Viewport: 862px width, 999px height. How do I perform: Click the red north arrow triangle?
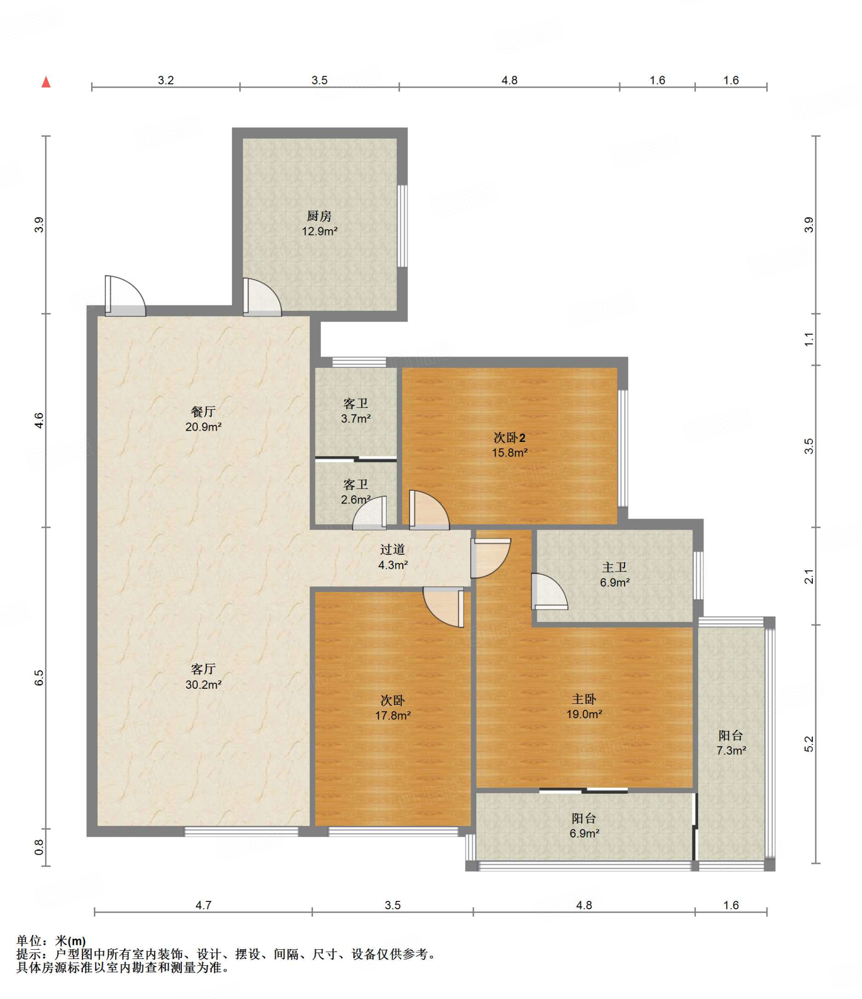pos(46,81)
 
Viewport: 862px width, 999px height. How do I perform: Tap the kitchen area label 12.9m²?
pos(319,231)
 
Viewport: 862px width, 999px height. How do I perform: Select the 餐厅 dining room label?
pos(203,412)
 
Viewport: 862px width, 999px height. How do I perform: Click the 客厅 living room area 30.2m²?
pos(203,684)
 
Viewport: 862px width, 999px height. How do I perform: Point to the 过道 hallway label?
pos(392,549)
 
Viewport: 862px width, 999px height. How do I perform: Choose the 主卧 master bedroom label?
pos(584,699)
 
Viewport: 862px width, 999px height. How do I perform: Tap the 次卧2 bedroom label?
pos(509,438)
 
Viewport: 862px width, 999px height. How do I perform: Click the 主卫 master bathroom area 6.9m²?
pos(614,582)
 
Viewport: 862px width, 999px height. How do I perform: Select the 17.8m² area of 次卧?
pos(392,716)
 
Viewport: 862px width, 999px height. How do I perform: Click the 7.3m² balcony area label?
pos(731,751)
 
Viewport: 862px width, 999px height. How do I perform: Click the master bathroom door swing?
pos(549,591)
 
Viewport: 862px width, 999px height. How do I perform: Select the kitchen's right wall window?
pos(402,226)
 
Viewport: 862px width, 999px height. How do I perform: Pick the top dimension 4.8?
pos(509,80)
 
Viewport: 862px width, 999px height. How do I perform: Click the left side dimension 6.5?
pos(39,678)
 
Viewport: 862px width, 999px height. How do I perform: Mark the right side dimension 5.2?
pos(808,744)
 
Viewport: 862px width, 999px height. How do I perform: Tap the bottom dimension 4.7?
pos(203,905)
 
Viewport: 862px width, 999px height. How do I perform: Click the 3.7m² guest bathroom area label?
pos(355,419)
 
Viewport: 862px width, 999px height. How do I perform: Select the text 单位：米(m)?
pos(51,941)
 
